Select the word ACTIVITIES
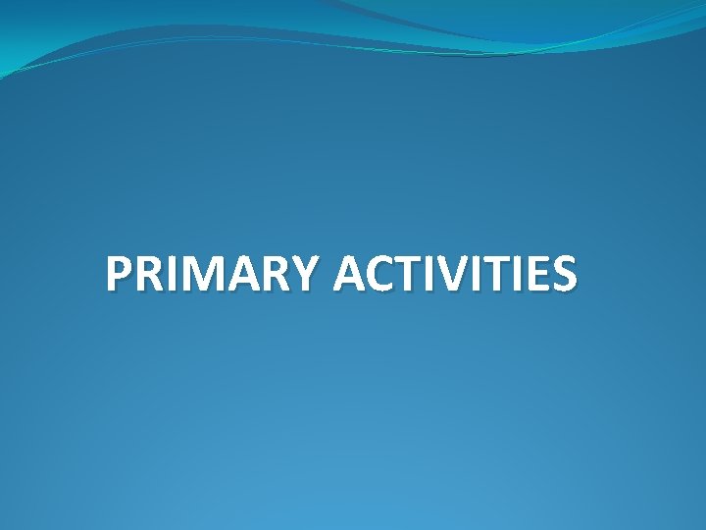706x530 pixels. [x=455, y=275]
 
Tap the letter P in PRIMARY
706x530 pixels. [x=121, y=275]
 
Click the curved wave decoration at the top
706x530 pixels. [x=392, y=29]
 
